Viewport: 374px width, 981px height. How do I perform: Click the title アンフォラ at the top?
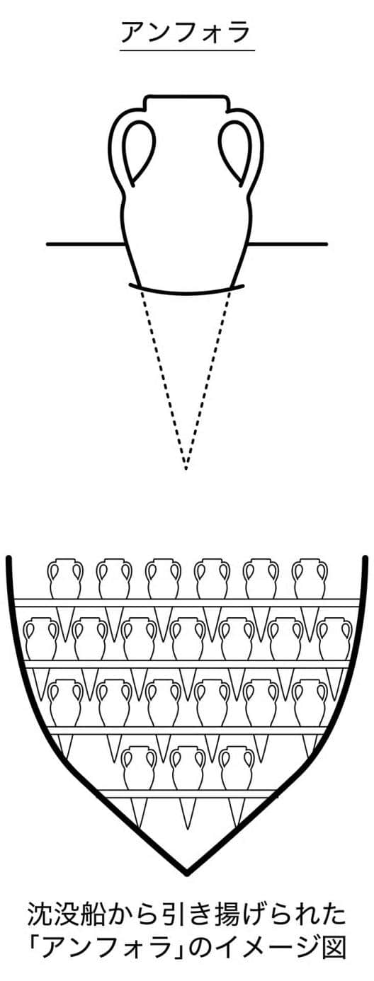tap(186, 33)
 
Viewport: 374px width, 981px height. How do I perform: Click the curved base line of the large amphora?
tap(187, 292)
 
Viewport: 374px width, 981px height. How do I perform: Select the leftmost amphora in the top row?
tap(65, 578)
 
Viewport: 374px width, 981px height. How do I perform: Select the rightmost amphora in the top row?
tap(310, 578)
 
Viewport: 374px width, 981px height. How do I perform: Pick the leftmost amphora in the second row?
tap(40, 638)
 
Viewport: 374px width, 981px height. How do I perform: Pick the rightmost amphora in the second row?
tap(334, 638)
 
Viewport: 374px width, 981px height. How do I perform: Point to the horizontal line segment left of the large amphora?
tap(84, 243)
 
